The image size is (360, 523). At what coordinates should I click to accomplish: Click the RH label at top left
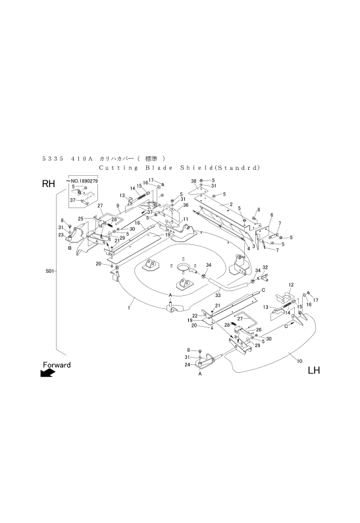click(48, 185)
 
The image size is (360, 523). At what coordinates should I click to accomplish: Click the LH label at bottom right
click(313, 371)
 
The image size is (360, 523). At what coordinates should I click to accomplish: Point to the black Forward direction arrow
click(47, 373)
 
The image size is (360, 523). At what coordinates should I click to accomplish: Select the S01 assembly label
click(49, 270)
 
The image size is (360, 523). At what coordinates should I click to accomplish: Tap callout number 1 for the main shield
click(129, 307)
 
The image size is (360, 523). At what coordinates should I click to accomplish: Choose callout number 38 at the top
click(193, 180)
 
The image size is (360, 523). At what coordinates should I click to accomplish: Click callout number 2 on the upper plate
click(231, 205)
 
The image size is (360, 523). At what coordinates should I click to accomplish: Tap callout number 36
click(186, 205)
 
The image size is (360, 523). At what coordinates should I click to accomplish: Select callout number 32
click(265, 267)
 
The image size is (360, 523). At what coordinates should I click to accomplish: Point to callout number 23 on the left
click(60, 234)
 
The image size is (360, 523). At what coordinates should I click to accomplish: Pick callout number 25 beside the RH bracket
click(80, 218)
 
